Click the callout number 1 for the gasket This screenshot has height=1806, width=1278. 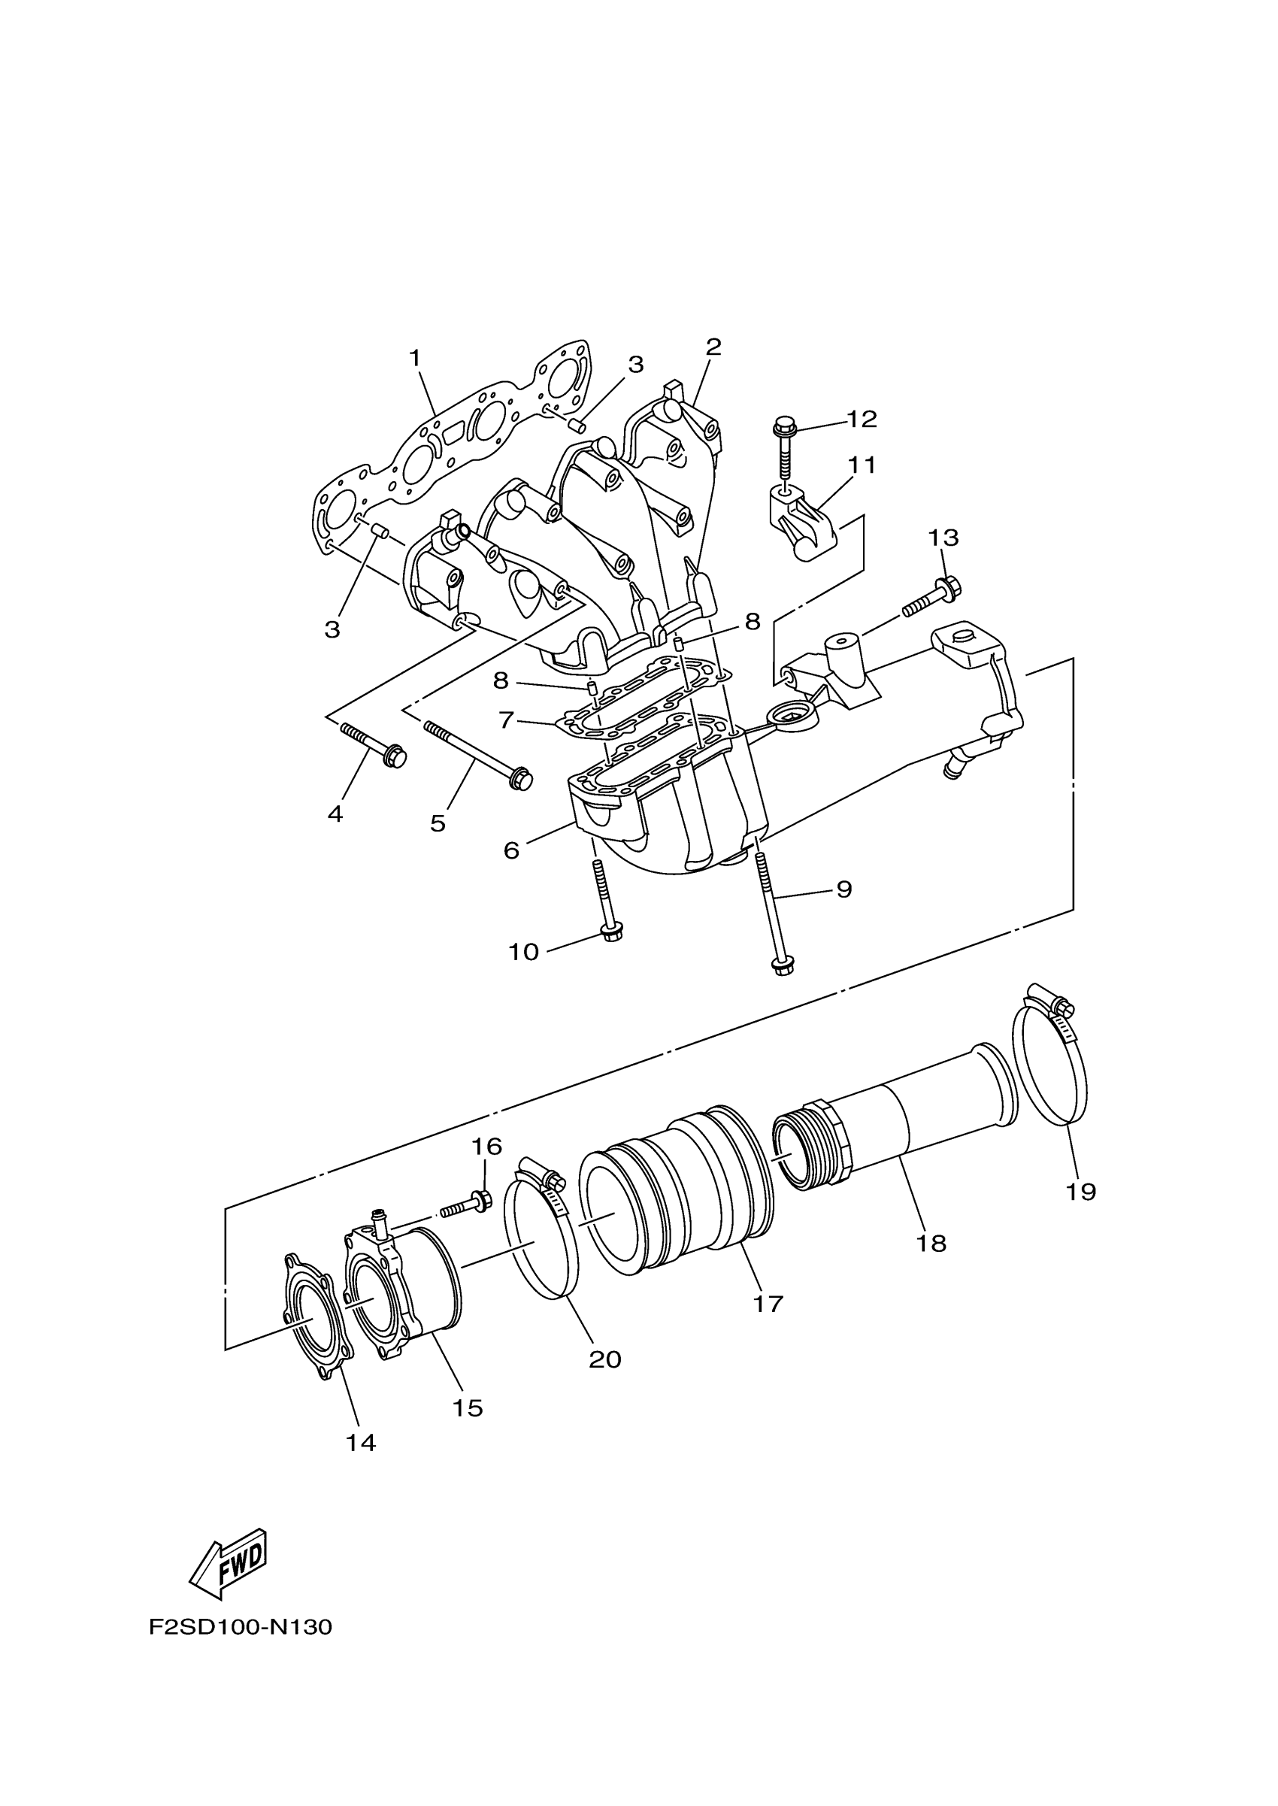pyautogui.click(x=415, y=358)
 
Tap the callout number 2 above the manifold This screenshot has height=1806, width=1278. pyautogui.click(x=713, y=347)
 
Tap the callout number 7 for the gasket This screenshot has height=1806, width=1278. pyautogui.click(x=506, y=720)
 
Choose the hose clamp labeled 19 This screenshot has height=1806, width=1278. pyautogui.click(x=1049, y=1062)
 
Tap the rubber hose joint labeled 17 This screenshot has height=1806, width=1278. pyautogui.click(x=677, y=1196)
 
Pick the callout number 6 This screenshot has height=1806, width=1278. pyautogui.click(x=511, y=850)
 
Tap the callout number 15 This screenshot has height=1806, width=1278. pyautogui.click(x=468, y=1407)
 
